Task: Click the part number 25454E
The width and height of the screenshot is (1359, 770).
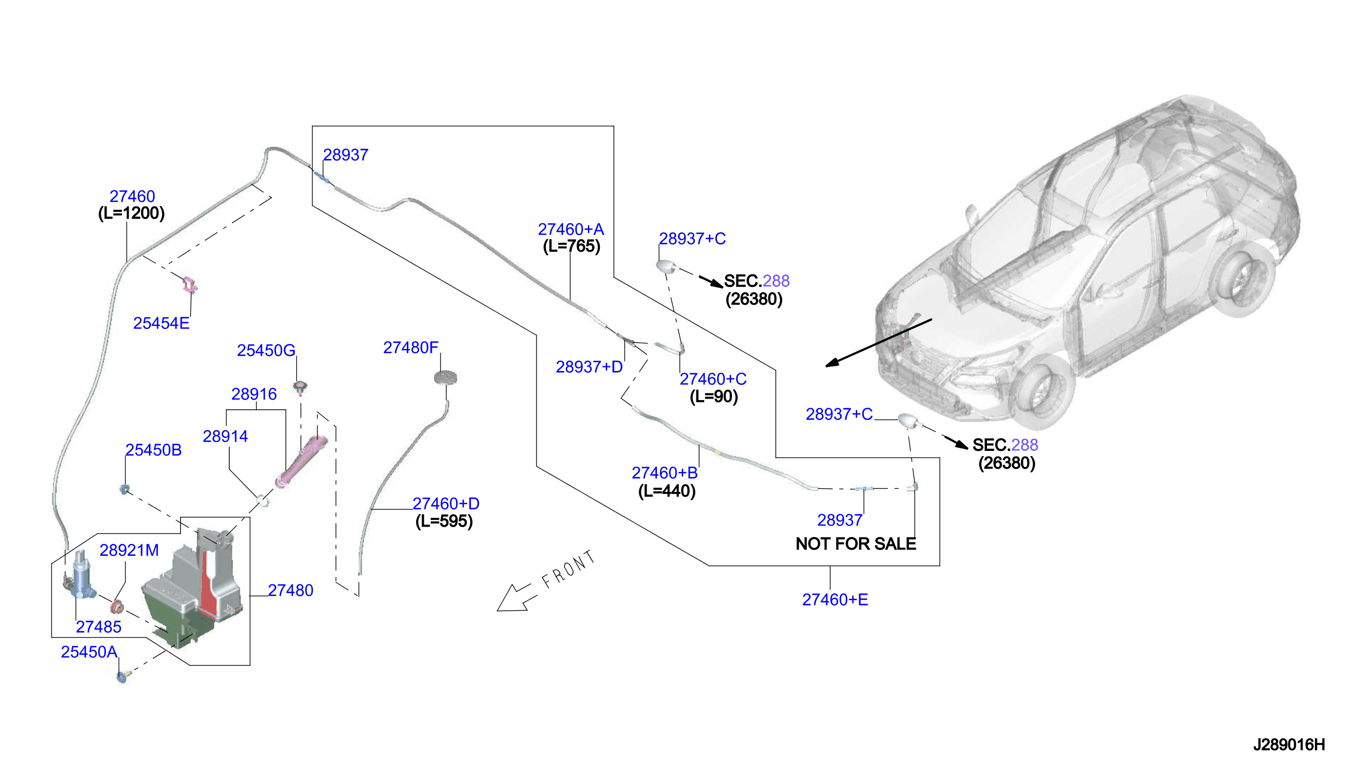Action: pos(161,323)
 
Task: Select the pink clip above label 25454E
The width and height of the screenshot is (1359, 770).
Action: pos(189,284)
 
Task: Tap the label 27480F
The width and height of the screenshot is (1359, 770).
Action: pos(411,348)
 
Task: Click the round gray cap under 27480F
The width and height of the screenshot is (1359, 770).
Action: pos(445,378)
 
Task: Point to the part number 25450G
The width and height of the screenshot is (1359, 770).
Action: pos(266,350)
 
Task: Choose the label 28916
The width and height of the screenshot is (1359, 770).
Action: pos(254,394)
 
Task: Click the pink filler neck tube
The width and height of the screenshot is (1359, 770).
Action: pos(301,462)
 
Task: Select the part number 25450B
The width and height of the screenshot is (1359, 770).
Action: pos(154,450)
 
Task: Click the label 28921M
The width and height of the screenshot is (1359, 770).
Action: pos(129,551)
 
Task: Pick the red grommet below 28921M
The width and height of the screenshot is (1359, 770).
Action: pos(117,607)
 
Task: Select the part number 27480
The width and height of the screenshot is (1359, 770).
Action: pos(290,590)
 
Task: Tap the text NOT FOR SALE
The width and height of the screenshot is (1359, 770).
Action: pos(856,544)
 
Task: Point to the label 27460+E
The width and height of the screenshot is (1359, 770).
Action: pos(835,600)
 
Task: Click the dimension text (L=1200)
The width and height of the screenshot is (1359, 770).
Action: pos(132,213)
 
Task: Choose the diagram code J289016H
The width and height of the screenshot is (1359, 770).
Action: pos(1288,745)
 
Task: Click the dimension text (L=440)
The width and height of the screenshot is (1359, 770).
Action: pos(667,491)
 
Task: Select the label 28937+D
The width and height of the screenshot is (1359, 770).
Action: pos(589,367)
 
